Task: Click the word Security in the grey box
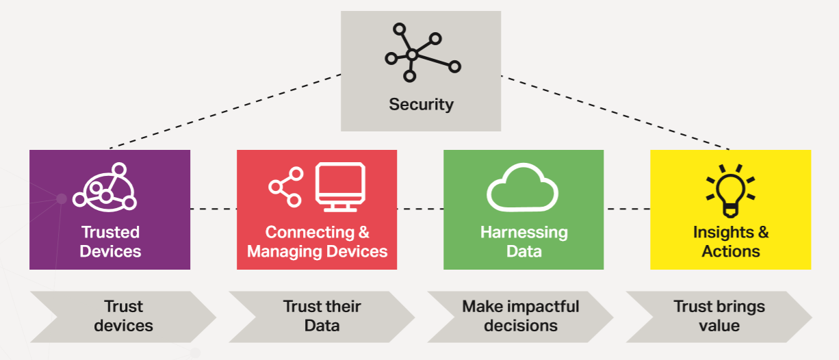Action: [421, 105]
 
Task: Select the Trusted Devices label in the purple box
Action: [110, 242]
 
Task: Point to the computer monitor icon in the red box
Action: [340, 187]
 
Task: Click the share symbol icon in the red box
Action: [286, 187]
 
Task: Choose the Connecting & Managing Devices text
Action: [318, 242]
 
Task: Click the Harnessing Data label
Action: [524, 242]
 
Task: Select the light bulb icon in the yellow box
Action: [730, 191]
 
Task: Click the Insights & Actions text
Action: [731, 242]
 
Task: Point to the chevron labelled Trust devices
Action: [123, 317]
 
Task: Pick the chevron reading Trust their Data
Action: [322, 317]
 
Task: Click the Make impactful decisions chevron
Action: [520, 317]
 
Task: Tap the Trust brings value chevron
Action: [719, 317]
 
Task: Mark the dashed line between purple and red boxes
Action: [214, 209]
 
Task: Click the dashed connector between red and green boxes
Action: [420, 209]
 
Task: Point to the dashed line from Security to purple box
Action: [225, 112]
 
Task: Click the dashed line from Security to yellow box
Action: [615, 112]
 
